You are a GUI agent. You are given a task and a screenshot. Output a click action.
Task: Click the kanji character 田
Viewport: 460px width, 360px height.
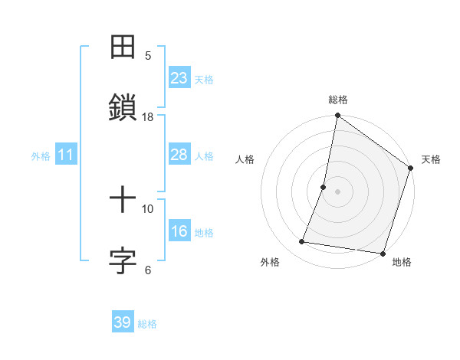coord(123,47)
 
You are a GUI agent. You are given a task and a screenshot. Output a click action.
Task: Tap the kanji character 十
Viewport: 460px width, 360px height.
coord(123,201)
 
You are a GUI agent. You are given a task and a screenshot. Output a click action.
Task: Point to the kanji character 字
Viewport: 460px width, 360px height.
coord(123,260)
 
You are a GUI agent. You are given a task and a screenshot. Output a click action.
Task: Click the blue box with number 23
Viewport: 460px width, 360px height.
coord(179,78)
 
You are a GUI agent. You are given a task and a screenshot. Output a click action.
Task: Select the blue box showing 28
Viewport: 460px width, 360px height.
coord(179,155)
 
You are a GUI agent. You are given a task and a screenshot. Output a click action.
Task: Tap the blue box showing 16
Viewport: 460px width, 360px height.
coord(179,231)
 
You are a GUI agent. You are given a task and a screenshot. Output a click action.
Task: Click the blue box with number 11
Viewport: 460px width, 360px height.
coord(65,155)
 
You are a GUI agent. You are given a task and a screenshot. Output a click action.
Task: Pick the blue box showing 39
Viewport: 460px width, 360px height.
coord(122,322)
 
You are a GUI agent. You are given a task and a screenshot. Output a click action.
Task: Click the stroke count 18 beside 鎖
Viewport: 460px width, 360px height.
coord(148,116)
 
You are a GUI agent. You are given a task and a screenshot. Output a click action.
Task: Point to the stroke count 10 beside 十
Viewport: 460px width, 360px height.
coord(148,208)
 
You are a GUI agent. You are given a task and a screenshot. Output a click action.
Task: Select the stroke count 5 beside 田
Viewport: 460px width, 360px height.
coord(148,55)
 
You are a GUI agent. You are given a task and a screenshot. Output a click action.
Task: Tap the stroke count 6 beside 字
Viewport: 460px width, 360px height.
coord(148,270)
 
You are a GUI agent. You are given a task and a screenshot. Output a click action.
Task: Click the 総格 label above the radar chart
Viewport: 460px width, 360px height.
coord(338,100)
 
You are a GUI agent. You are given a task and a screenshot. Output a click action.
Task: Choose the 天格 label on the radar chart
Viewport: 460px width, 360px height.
coord(431,159)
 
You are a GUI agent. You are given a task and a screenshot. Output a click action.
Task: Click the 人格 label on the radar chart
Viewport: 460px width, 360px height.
coord(245,159)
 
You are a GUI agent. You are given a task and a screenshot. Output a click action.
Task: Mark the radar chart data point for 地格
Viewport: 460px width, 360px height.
coord(383,253)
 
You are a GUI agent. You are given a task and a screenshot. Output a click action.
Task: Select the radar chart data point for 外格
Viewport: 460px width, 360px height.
coord(302,242)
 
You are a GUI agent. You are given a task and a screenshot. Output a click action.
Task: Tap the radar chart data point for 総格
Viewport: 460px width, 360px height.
coord(338,116)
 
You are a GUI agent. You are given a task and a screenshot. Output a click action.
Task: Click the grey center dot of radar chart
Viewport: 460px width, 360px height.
coord(338,191)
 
